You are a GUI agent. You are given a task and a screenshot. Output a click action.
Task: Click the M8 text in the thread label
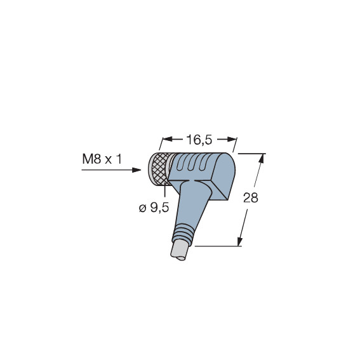pos(91,159)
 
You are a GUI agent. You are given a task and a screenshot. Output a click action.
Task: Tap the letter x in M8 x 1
pos(109,160)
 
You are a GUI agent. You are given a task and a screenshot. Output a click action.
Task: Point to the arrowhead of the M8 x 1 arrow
pos(137,170)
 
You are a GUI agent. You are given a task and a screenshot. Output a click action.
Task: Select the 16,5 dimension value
pos(199,140)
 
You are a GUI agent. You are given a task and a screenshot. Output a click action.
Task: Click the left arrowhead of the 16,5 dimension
pos(167,139)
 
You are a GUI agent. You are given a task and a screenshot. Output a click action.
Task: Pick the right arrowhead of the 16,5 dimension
pos(232,139)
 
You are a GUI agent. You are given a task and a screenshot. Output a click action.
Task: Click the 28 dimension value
pos(251,197)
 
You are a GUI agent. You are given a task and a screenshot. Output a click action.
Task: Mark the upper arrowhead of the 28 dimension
pos(262,159)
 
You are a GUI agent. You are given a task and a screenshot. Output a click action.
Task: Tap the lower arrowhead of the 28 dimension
pos(240,241)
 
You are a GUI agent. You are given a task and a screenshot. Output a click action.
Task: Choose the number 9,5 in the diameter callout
pos(159,208)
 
